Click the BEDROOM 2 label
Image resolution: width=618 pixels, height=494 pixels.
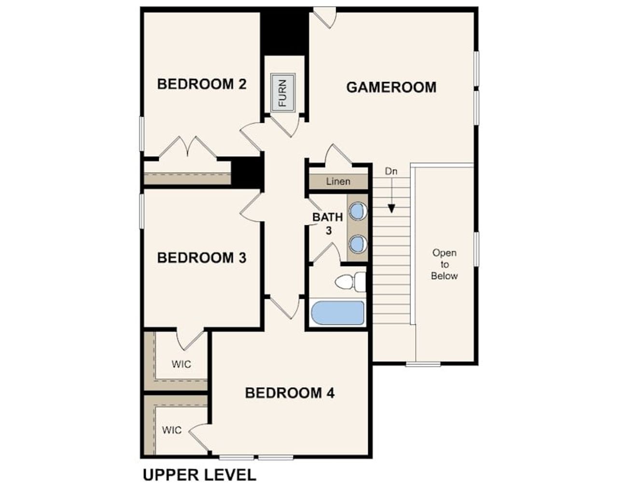point(202,84)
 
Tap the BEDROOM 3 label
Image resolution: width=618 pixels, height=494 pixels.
point(202,258)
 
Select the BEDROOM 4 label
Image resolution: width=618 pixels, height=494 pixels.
point(290,393)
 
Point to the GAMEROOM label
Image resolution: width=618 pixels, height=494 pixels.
point(391,87)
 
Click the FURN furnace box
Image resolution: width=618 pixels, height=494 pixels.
point(283,93)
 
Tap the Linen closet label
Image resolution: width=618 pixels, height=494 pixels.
point(338,181)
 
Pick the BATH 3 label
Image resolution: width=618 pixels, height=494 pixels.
point(328,223)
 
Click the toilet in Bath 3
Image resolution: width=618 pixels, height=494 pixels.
point(351,282)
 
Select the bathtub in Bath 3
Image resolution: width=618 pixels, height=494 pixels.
point(338,313)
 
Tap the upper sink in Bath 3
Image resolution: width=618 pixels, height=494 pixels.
point(358,211)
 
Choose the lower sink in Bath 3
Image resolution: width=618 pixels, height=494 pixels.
point(358,244)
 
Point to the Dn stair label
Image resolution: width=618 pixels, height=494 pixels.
point(391,171)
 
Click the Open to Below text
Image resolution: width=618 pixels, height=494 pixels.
point(444,264)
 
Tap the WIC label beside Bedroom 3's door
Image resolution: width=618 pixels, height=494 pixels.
point(181,364)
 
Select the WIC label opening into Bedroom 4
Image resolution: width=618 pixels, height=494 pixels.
point(172,429)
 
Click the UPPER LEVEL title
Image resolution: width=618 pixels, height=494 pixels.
point(199,475)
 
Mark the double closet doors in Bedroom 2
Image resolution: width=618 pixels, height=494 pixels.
point(188,147)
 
